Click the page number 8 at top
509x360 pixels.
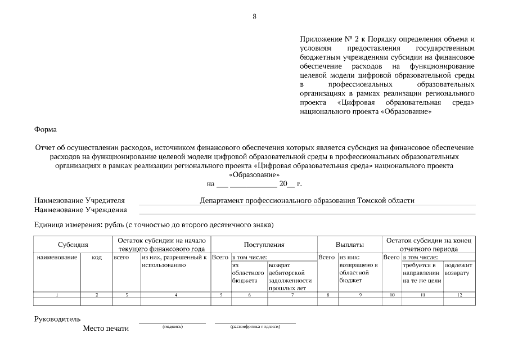click(254, 16)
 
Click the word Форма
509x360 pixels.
click(46, 129)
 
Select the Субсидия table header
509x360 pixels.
click(73, 245)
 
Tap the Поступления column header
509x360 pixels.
click(264, 245)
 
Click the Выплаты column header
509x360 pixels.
click(349, 245)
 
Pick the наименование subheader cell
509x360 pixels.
click(57, 257)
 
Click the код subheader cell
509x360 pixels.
click(96, 257)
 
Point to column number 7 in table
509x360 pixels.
click(291, 295)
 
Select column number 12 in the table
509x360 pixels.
click(459, 295)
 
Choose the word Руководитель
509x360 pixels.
click(57, 319)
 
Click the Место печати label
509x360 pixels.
click(105, 328)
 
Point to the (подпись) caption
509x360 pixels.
click(172, 327)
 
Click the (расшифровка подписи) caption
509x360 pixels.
click(255, 327)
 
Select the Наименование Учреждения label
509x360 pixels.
click(80, 210)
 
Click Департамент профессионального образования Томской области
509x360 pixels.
click(307, 200)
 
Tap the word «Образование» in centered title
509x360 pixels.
click(254, 175)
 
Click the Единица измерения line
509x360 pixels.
click(154, 225)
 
